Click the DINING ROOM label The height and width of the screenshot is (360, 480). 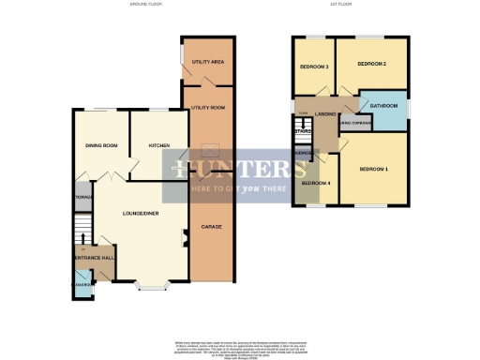tap(100, 145)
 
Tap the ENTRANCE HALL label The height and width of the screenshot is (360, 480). tap(93, 257)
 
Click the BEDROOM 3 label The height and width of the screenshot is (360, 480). tap(313, 67)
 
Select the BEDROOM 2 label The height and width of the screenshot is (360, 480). tap(371, 64)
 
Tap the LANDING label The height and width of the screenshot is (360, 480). tap(326, 114)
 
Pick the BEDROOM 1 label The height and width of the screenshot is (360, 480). tap(373, 169)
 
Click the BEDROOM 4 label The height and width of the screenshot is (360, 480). tap(315, 183)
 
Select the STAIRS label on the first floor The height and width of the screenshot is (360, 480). tap(302, 131)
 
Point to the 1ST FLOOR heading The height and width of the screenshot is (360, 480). tap(351, 5)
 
